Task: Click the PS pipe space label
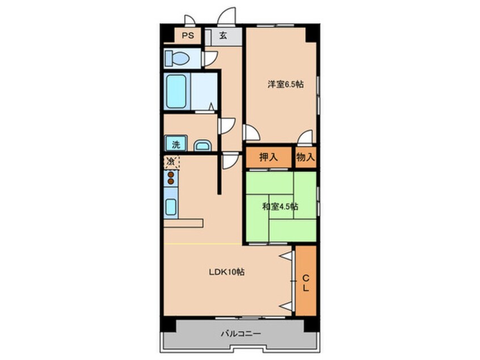coord(188,36)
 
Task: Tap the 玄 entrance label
coord(223,36)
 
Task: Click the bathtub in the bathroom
coord(176,91)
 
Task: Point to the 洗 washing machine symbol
coord(176,144)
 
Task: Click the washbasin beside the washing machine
coord(203,145)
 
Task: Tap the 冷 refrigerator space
coord(171,162)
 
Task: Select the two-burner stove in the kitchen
coord(171,178)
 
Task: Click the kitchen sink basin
coord(171,207)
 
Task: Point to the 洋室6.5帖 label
coord(285,84)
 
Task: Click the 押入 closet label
coord(268,157)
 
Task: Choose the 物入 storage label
coord(305,157)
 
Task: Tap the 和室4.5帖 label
coord(280,207)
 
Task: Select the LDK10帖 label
coord(226,272)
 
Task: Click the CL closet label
coord(305,283)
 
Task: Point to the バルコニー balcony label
coord(241,333)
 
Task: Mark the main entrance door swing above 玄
coord(227,16)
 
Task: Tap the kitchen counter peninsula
coord(183,223)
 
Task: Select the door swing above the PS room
coord(190,20)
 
